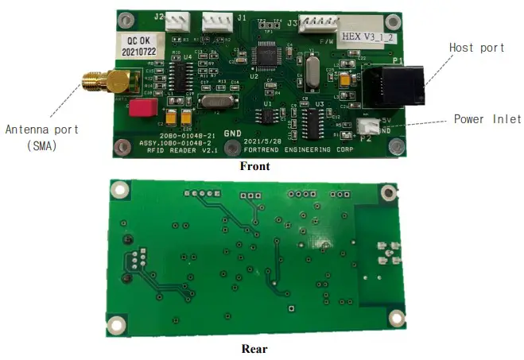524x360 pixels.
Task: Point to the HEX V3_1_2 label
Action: tap(368, 37)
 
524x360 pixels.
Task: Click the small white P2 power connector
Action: tap(370, 126)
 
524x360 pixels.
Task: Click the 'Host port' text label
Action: tap(476, 48)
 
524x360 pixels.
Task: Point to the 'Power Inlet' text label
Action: tap(487, 119)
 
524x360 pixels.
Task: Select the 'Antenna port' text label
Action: tap(38, 130)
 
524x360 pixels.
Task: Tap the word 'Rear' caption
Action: tap(254, 348)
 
